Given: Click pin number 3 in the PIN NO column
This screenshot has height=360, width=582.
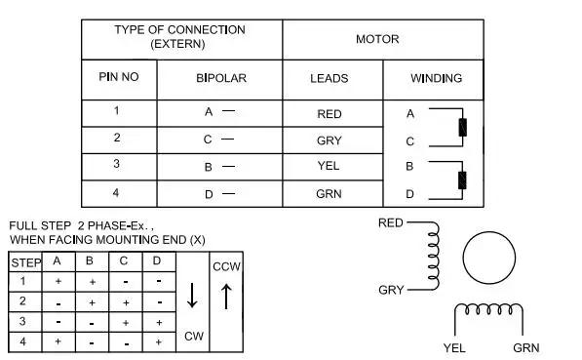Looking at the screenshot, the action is (117, 164).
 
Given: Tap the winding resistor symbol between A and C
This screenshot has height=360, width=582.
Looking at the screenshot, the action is (462, 128).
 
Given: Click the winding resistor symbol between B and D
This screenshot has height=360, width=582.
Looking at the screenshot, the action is (462, 180).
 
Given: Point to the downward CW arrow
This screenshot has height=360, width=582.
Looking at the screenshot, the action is (192, 296).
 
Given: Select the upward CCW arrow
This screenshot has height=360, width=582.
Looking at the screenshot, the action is (226, 297).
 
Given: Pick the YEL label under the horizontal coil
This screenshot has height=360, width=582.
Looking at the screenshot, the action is (454, 348).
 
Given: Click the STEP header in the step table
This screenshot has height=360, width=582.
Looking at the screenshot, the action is (26, 263).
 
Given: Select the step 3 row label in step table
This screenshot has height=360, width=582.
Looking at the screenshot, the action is (22, 321).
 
